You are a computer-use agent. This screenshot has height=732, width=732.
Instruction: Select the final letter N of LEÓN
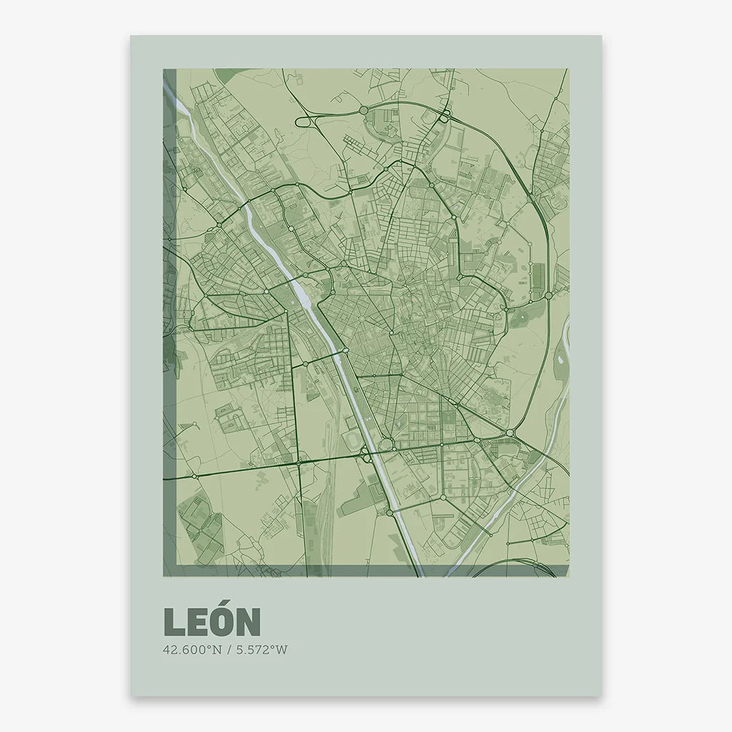coord(247,623)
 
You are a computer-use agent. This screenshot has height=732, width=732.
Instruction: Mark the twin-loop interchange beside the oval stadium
coord(366,454)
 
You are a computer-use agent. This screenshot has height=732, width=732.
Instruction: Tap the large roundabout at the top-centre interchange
coord(363,110)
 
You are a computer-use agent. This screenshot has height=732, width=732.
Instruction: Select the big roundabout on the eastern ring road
coord(548,295)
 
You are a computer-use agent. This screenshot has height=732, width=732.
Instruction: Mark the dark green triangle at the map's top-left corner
coord(227,74)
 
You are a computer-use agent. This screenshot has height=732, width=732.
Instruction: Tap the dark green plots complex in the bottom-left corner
coord(200,526)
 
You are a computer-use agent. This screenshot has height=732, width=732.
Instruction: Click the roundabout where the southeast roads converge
coord(510,433)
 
